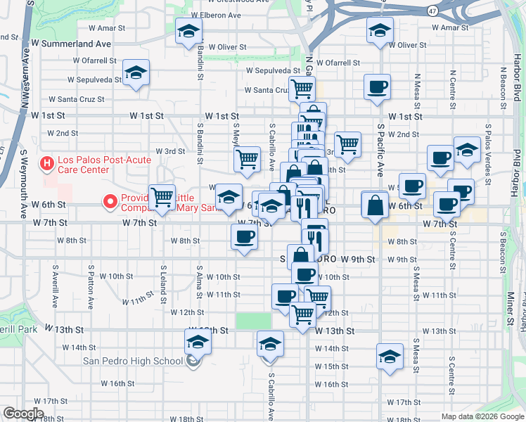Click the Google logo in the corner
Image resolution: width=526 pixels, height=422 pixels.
click(x=23, y=413)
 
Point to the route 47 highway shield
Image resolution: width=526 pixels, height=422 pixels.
click(x=432, y=11)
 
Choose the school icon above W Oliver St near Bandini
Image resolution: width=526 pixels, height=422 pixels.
click(x=188, y=31)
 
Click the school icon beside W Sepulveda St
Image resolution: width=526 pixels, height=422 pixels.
click(x=136, y=72)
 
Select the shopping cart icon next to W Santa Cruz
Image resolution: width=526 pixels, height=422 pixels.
click(x=302, y=89)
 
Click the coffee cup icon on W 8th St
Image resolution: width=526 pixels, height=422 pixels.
click(x=244, y=236)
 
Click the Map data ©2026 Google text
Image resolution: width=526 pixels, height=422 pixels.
click(x=482, y=416)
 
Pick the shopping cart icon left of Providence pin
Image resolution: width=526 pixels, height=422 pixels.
click(x=162, y=198)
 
